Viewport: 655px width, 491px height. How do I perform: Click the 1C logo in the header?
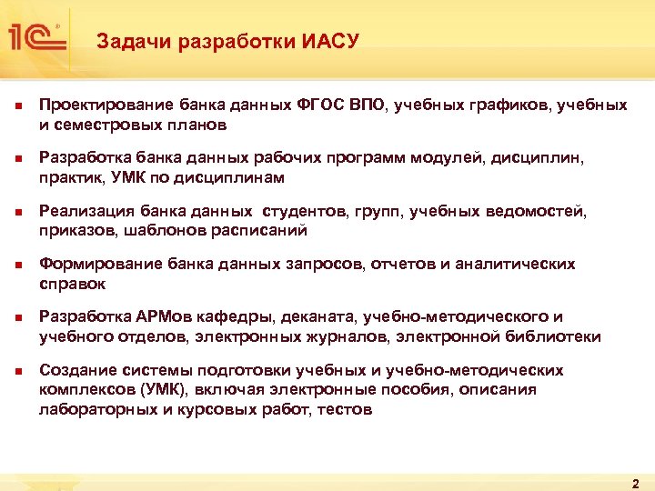35,36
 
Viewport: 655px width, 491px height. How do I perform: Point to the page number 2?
635,483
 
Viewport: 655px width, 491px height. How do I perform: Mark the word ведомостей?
542,212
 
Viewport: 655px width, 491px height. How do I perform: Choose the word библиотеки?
554,336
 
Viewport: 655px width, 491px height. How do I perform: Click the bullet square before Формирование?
19,266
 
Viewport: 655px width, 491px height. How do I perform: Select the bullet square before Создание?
19,372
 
